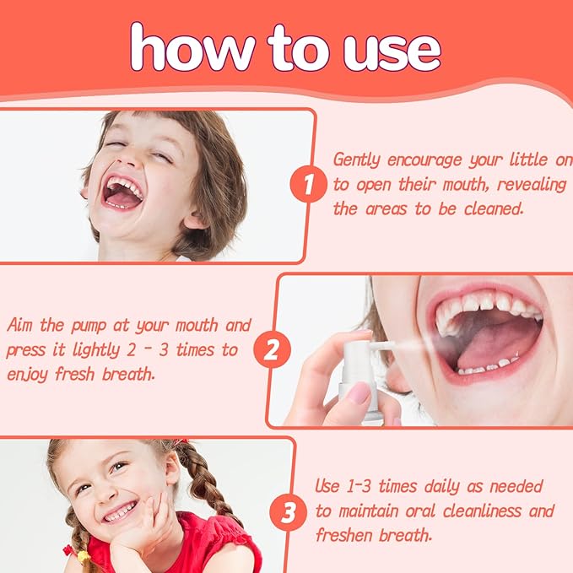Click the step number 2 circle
(271, 349)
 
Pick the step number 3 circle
(289, 511)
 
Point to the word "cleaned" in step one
(492, 208)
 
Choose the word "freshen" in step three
(345, 535)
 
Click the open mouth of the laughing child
(122, 194)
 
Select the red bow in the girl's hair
(180, 441)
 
